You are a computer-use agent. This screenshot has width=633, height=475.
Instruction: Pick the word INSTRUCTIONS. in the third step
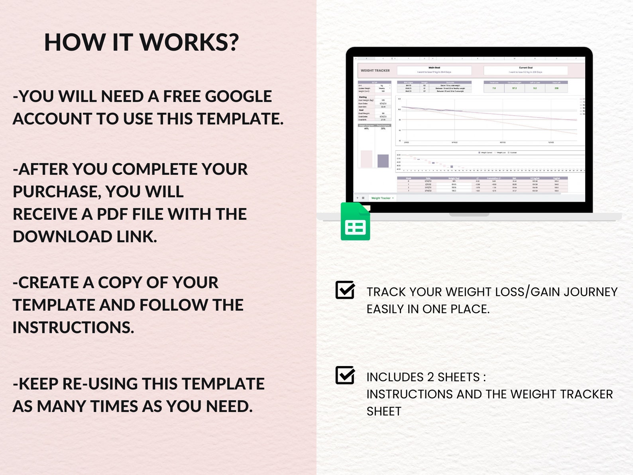click(x=73, y=327)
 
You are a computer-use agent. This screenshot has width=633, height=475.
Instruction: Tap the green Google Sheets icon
click(x=355, y=222)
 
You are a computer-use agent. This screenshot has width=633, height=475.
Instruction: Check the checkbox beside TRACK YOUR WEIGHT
click(x=345, y=290)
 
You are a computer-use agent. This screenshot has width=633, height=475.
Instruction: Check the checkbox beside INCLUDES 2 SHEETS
click(x=345, y=375)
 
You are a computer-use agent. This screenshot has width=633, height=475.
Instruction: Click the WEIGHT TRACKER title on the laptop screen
click(x=375, y=71)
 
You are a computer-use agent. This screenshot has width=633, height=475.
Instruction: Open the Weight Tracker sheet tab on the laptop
click(x=381, y=198)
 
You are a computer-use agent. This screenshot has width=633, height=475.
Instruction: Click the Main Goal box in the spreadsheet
click(x=434, y=70)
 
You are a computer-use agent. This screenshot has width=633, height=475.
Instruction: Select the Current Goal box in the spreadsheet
click(x=525, y=70)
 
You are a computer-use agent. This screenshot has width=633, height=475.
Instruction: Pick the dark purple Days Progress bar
click(x=383, y=161)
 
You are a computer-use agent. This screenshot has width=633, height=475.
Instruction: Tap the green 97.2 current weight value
click(x=514, y=88)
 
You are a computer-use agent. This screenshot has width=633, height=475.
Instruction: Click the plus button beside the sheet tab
click(x=358, y=198)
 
